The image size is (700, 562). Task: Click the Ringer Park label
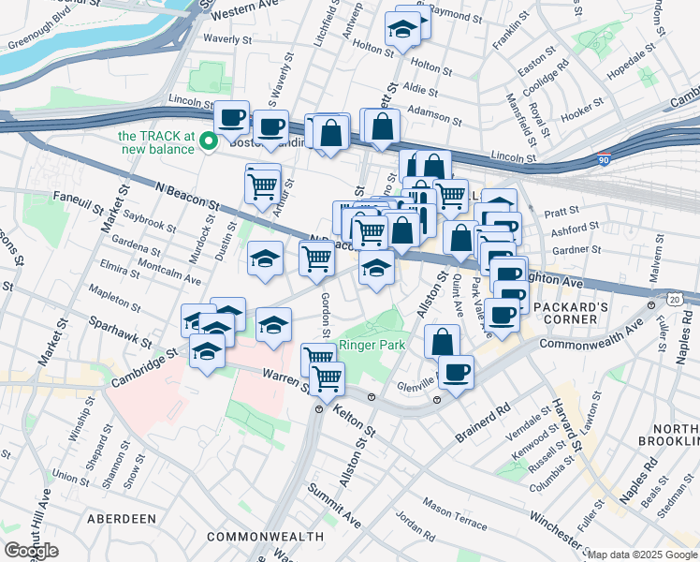372,345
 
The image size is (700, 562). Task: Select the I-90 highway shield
605,161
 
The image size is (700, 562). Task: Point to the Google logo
31,550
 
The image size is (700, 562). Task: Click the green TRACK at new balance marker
211,142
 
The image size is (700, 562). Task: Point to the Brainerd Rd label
483,422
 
